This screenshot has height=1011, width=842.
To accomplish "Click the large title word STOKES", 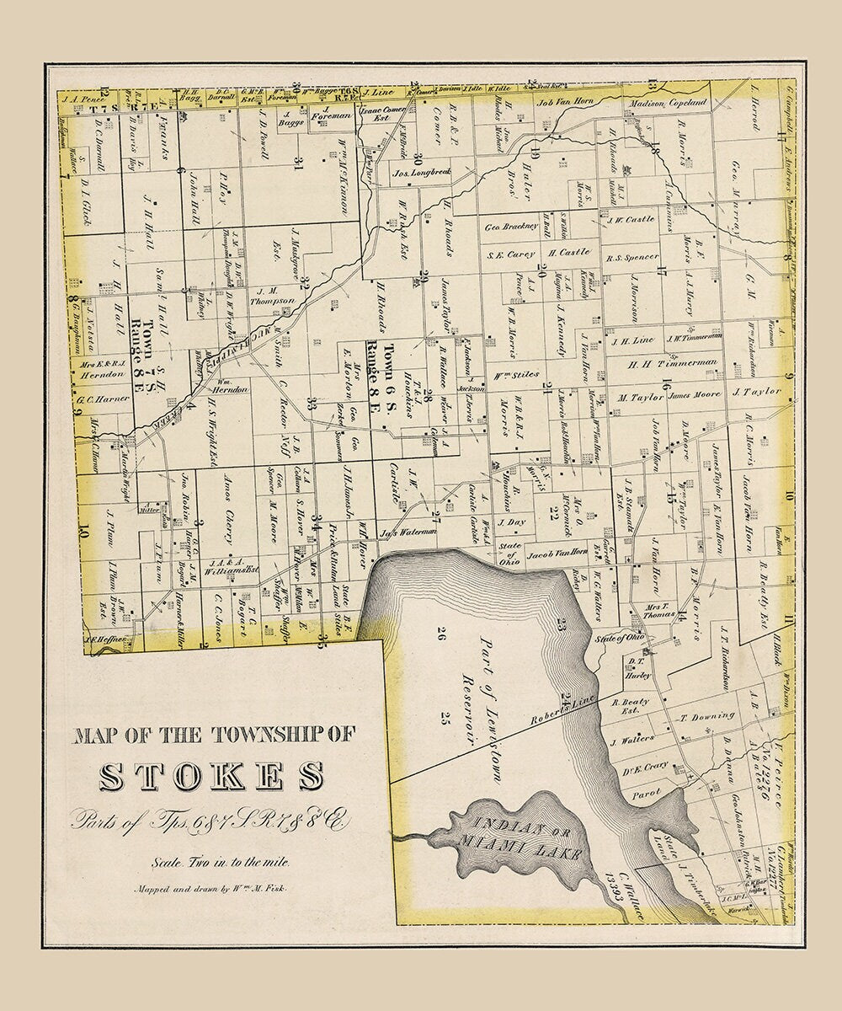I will (211, 776).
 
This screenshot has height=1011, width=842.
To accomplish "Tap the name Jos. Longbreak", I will (422, 174).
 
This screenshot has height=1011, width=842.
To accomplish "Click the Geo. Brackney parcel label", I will (511, 226).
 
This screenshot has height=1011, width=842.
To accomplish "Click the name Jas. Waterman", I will (408, 532).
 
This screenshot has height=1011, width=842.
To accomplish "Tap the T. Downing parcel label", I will (707, 716).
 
